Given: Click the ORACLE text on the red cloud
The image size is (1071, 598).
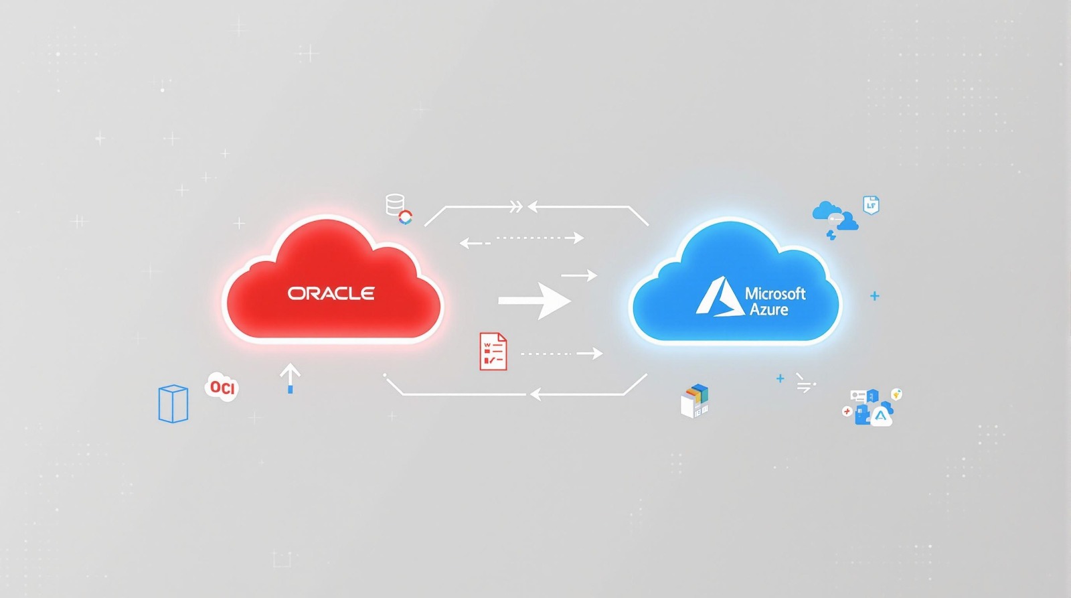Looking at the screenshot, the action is (331, 293).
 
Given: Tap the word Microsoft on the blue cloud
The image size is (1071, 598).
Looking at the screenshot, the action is (776, 293).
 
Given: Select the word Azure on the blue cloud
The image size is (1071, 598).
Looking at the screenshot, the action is (769, 309).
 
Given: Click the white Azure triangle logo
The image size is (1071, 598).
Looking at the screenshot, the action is (720, 297).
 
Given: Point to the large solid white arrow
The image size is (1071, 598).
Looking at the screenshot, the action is (535, 301).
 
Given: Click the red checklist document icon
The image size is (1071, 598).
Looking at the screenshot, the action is (493, 352).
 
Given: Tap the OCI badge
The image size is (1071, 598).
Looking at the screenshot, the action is (222, 386).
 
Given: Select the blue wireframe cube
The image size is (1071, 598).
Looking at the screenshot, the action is (173, 404).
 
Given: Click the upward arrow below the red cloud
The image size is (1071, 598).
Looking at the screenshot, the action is (291, 378).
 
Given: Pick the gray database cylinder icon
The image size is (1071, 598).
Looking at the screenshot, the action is (395, 204).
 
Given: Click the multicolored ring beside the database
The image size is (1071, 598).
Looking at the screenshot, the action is (406, 217).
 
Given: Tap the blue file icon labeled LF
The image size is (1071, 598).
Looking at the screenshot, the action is (871, 205).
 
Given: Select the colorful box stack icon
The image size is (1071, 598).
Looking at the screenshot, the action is (694, 401).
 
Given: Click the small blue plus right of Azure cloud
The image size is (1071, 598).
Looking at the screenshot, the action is (874, 296).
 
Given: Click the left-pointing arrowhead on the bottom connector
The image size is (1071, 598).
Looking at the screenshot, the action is (535, 394).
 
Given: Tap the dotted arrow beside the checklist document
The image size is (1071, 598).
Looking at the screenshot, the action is (562, 354).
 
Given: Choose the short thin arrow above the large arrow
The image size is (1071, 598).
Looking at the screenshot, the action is (580, 275).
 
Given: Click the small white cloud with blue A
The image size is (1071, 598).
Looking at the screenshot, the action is (881, 417).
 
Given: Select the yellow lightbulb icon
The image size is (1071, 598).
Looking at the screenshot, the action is (896, 394).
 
